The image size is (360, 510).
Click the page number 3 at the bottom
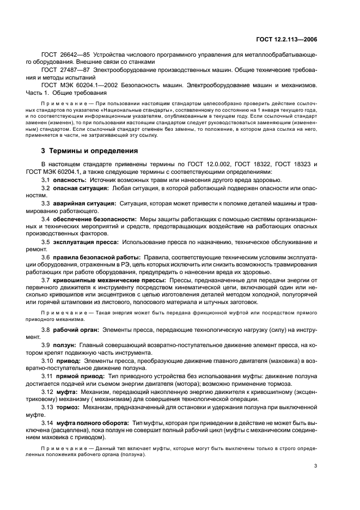click(316, 465)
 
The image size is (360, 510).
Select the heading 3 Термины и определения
click(90, 150)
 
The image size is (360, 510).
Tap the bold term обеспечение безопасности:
click(95, 218)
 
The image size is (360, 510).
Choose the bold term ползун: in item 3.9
click(65, 345)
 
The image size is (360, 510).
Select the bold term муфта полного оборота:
click(90, 422)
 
